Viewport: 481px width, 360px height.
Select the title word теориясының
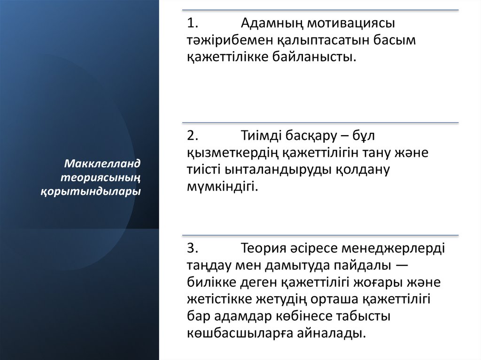[101, 178]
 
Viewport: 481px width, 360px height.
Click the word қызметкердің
[227, 153]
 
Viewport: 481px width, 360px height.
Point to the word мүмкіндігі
[222, 187]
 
